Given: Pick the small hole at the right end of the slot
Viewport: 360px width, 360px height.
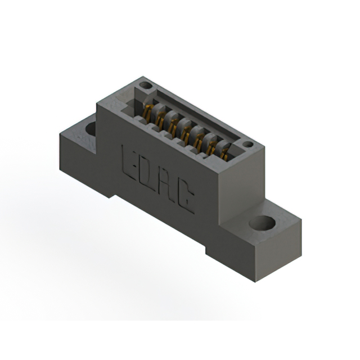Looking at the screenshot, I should click(245, 146).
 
